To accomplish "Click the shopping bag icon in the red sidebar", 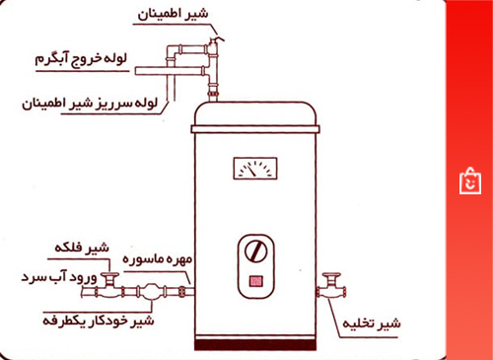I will (x=469, y=180).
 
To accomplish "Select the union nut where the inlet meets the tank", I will (x=186, y=292).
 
